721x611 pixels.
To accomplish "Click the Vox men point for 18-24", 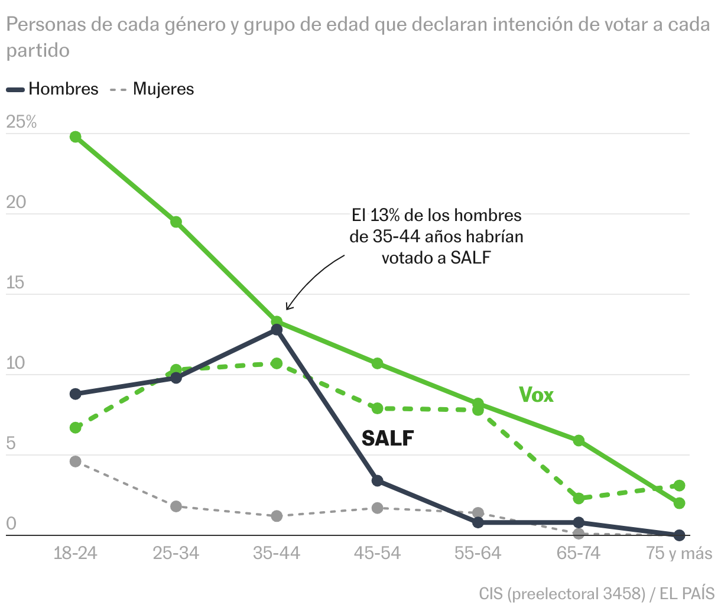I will [76, 136].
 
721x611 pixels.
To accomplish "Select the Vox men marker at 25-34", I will [176, 222].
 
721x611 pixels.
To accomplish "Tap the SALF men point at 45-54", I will [378, 481].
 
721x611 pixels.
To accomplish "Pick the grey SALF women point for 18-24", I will [76, 461].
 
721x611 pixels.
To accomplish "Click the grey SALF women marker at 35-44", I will [277, 516].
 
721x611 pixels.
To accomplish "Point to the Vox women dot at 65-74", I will [579, 498].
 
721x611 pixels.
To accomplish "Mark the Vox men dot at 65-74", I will [579, 440].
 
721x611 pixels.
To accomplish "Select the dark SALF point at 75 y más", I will [680, 535].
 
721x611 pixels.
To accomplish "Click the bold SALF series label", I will [388, 438].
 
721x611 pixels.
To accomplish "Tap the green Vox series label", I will [536, 395].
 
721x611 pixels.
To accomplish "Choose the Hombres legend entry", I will [53, 89].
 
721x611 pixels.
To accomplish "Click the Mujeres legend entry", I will [152, 89].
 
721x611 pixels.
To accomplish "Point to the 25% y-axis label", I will [21, 122].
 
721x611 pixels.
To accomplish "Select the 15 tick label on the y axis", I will [16, 282].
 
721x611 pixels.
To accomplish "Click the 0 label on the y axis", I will [11, 524].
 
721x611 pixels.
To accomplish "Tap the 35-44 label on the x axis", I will [277, 554].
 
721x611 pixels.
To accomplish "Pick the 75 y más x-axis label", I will [679, 554].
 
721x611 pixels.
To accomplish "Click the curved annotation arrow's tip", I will [287, 309].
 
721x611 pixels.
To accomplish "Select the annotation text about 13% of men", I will [436, 236].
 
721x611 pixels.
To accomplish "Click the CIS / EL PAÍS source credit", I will [597, 593].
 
